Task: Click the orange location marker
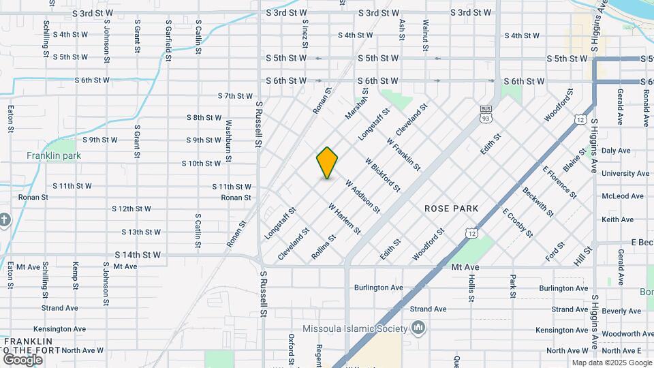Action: (x=327, y=163)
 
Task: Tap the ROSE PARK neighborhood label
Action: (x=451, y=208)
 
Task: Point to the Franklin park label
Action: (x=54, y=156)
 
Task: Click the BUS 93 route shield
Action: (x=486, y=114)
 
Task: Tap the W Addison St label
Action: (x=362, y=196)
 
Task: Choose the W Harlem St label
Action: (x=344, y=219)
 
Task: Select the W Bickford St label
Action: (x=382, y=174)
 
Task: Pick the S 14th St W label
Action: (x=138, y=255)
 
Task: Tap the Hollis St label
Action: (x=471, y=289)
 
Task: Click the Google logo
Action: (x=22, y=359)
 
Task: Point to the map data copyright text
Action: (x=611, y=363)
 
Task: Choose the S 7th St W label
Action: (x=235, y=96)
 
